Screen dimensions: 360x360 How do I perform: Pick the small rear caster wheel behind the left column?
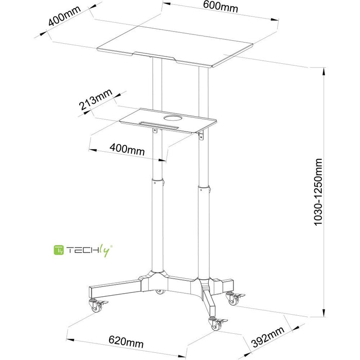tap(159, 292)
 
